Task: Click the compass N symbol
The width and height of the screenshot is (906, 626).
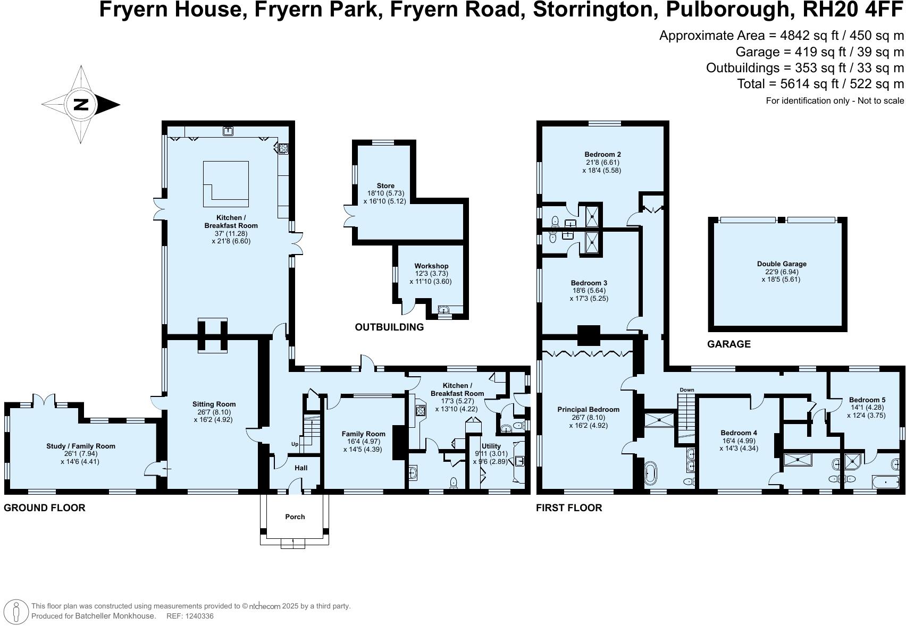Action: coord(81,104)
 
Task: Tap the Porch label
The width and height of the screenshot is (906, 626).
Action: coord(295,517)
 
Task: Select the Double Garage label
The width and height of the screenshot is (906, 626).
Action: coord(782,264)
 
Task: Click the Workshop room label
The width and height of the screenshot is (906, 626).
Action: coord(431,266)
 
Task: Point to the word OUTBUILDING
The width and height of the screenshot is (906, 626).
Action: coord(389,327)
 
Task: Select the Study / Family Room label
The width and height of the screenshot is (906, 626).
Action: coord(80,446)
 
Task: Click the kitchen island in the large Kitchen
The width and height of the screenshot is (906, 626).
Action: coord(226,183)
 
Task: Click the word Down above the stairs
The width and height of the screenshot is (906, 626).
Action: coord(686,390)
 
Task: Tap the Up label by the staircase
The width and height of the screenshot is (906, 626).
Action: coord(295,444)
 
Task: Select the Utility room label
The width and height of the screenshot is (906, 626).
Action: coord(491,446)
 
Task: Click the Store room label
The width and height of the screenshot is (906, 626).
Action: coord(385,186)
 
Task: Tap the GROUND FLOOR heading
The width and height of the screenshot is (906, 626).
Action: coord(45,507)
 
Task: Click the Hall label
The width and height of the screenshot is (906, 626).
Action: coord(301,468)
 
